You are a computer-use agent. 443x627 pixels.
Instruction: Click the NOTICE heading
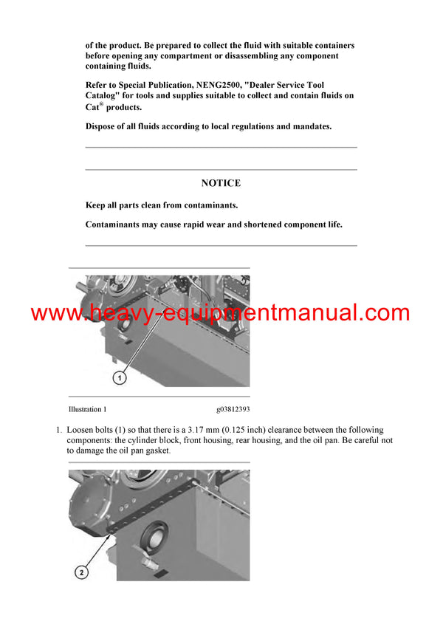coord(221,183)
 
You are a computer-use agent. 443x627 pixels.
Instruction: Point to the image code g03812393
coord(233,409)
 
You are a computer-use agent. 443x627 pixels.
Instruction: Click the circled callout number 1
coord(120,377)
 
